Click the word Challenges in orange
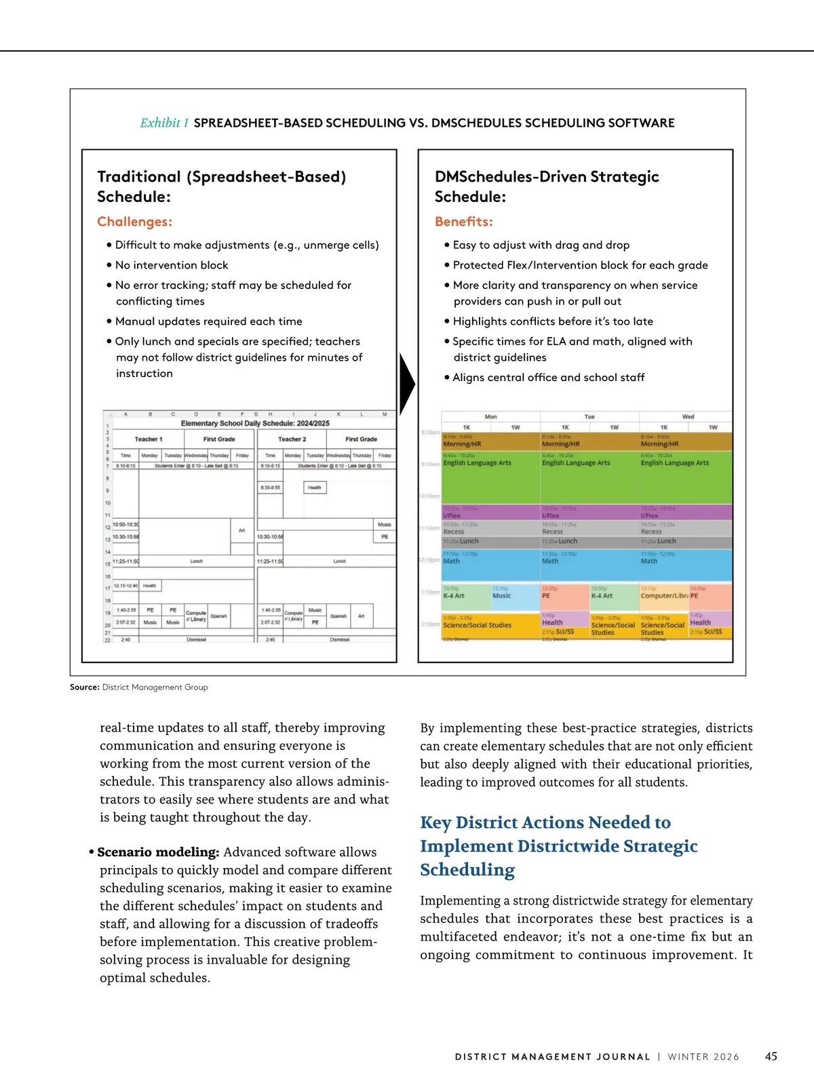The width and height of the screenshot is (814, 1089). point(134,222)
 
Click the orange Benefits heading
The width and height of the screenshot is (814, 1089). point(463,222)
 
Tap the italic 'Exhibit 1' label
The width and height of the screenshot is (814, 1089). point(164,123)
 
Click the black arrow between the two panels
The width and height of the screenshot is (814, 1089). point(407,384)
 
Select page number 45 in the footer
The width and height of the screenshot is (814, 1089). point(771,1056)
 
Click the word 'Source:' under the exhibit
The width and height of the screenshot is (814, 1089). point(85,687)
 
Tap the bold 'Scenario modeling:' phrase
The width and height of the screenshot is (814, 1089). point(158,852)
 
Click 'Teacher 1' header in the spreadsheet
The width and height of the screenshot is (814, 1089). point(149,439)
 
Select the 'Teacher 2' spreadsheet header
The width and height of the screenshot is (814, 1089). point(292,439)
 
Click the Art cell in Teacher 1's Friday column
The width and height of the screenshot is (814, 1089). point(241,530)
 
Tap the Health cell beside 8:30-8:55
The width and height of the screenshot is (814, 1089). point(314,488)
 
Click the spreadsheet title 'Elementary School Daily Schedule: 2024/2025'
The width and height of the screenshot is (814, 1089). point(255,423)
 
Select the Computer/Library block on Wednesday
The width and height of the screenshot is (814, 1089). point(663,596)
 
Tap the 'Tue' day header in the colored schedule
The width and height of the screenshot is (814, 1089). point(589,416)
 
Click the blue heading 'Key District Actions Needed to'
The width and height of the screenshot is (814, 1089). point(545,823)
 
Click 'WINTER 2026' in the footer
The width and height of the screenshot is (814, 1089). point(703,1057)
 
